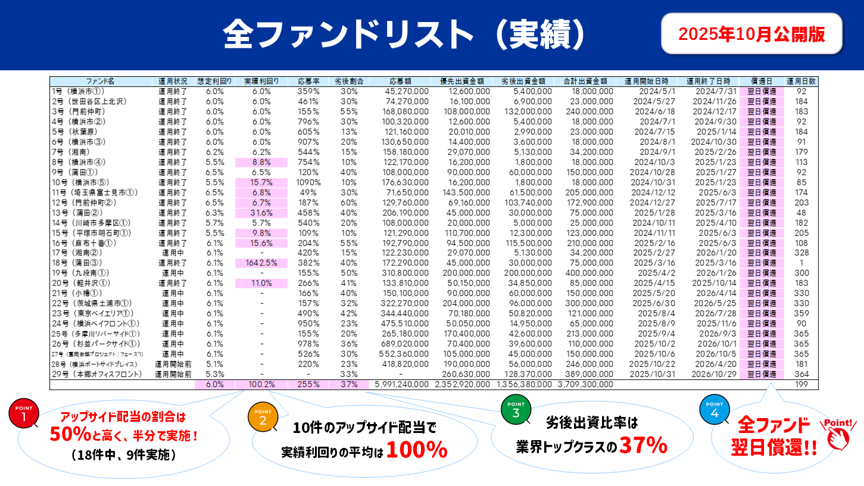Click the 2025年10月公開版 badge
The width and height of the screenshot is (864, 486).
pyautogui.click(x=751, y=34)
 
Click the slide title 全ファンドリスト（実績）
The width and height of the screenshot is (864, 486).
pyautogui.click(x=404, y=35)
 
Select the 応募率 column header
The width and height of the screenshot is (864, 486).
pyautogui.click(x=308, y=81)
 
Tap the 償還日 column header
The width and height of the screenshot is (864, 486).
pyautogui.click(x=762, y=81)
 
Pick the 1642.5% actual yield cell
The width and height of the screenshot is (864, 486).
pyautogui.click(x=261, y=263)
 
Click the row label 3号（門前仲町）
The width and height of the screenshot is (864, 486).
pyautogui.click(x=79, y=111)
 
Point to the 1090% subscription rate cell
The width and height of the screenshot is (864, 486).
pyautogui.click(x=308, y=182)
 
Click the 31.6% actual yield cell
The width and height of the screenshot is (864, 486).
pyautogui.click(x=261, y=213)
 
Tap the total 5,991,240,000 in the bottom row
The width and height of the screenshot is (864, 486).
pyautogui.click(x=401, y=385)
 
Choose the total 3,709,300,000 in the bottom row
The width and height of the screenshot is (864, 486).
pyautogui.click(x=585, y=385)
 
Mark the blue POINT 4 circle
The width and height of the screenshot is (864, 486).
pyautogui.click(x=715, y=410)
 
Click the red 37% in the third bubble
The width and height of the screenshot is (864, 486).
pyautogui.click(x=642, y=445)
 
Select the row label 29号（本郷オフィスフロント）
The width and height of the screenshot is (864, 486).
pyautogui.click(x=96, y=375)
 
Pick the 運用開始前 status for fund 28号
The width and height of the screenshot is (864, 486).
pyautogui.click(x=173, y=364)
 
